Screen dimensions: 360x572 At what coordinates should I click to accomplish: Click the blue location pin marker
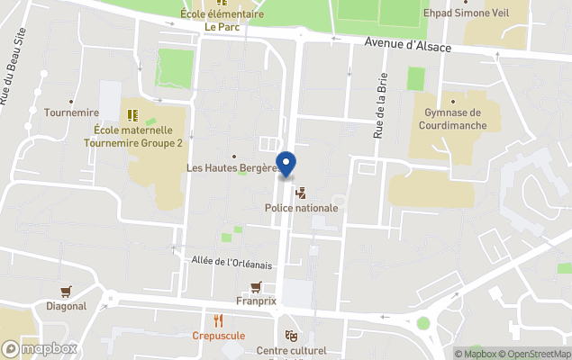[286, 164]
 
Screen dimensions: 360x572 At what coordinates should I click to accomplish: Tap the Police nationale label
[301, 208]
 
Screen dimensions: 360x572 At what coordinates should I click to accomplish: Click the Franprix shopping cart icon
[256, 286]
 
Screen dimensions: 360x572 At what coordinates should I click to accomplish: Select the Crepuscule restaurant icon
[218, 319]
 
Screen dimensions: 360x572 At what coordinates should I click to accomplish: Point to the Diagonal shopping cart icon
[66, 291]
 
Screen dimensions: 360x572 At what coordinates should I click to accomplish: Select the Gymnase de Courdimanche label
[452, 119]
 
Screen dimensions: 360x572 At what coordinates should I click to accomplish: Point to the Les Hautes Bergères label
[231, 168]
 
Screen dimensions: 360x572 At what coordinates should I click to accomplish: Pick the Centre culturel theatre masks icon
[290, 335]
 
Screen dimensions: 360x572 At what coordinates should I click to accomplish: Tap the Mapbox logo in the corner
[40, 349]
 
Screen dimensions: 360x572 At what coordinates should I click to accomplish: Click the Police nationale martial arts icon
[301, 193]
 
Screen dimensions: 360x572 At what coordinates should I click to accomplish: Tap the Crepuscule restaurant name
[218, 336]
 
